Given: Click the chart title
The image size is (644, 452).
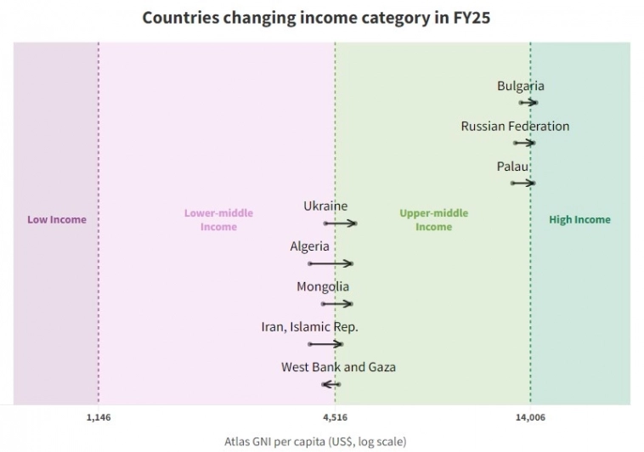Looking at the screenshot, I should point(321,17).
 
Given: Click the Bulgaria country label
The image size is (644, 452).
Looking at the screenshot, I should point(520,86).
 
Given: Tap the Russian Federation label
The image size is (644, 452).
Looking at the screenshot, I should point(515,126).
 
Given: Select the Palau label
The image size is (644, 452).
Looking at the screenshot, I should point(512,167).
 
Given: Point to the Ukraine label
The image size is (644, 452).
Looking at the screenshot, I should point(325,206).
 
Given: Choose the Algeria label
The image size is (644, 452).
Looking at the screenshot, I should point(309,246).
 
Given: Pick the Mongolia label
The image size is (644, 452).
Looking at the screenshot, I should point(322,287).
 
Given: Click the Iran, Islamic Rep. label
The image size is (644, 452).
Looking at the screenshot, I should point(309,327).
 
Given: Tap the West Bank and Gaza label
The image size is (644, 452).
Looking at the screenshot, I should point(338,367).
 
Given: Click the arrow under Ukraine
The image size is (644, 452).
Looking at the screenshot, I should point(340,223).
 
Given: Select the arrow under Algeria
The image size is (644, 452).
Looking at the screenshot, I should point(330,264).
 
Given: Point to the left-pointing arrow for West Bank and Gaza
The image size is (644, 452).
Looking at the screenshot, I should point(330,385).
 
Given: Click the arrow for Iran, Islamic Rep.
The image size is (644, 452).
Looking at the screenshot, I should point(325,344).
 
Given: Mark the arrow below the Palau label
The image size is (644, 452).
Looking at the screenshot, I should point(523,183).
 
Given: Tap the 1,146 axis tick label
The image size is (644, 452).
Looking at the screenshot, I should point(99,417).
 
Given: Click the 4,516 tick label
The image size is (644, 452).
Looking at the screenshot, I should point(335,417).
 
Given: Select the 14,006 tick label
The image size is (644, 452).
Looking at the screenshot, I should point(530,417).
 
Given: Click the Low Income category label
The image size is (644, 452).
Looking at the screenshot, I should point(57,220).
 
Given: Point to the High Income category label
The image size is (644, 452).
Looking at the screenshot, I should point(579,220).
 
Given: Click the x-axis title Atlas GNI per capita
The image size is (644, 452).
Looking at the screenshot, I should point(315,442).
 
